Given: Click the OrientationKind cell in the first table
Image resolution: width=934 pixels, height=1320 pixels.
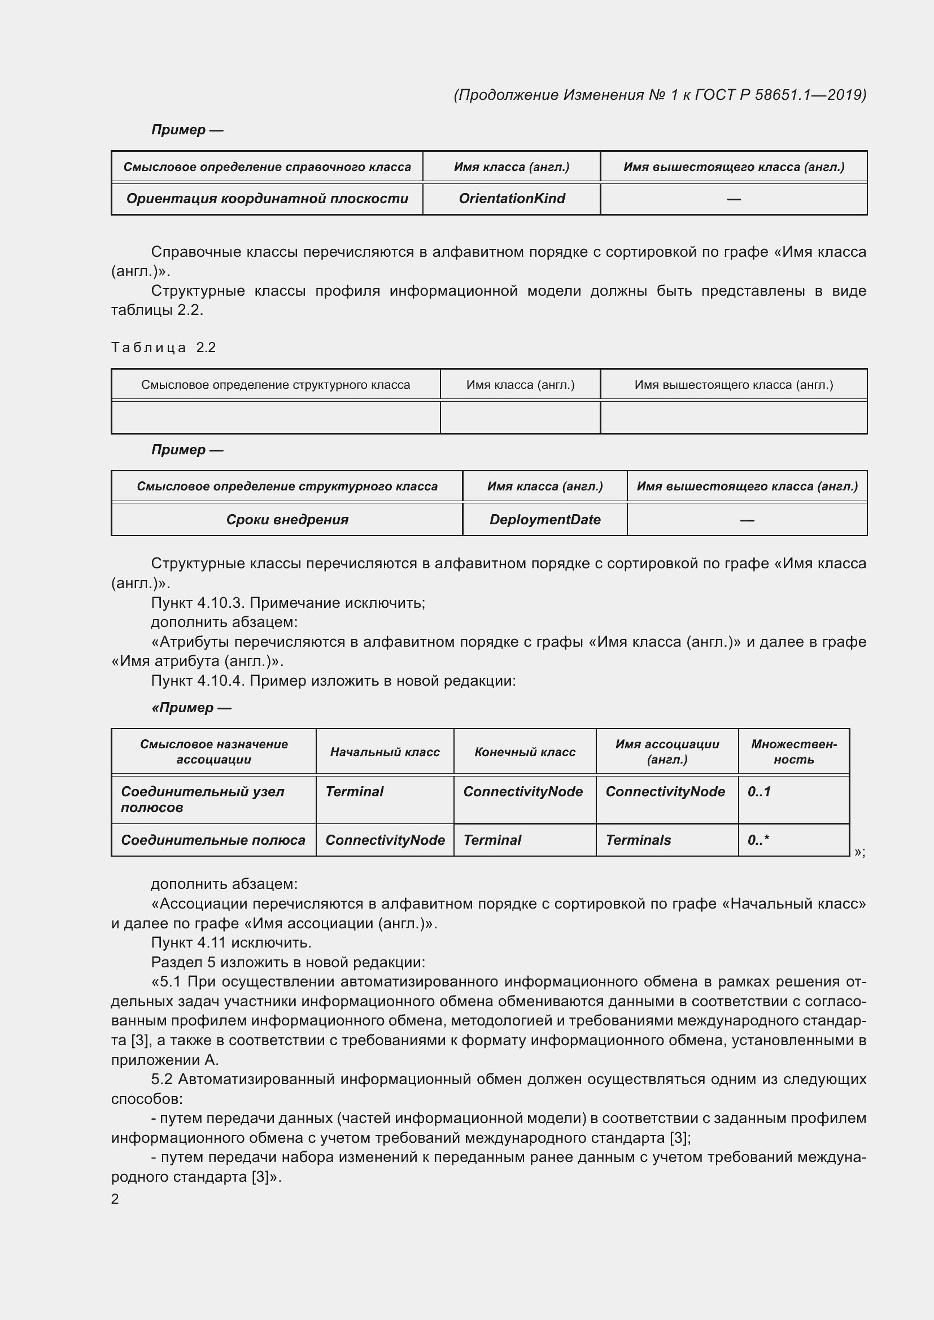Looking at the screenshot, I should pyautogui.click(x=511, y=198).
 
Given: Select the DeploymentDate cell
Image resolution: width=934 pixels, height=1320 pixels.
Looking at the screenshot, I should pyautogui.click(x=544, y=520).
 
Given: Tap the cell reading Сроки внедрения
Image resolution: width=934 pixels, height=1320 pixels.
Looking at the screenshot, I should pyautogui.click(x=287, y=520).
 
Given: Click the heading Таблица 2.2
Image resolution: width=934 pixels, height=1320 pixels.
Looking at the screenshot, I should pyautogui.click(x=163, y=347).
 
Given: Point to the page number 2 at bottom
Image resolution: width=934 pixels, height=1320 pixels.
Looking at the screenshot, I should pyautogui.click(x=115, y=1199).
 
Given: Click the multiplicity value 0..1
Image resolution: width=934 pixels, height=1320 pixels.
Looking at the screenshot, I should pyautogui.click(x=758, y=792).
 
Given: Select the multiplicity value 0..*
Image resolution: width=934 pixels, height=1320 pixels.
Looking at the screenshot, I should pyautogui.click(x=758, y=840).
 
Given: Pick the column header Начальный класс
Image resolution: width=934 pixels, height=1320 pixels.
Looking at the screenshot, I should pyautogui.click(x=385, y=752).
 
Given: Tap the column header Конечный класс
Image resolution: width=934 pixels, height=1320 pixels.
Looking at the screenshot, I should pyautogui.click(x=525, y=752).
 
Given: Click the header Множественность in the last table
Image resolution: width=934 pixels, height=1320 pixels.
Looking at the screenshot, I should pyautogui.click(x=793, y=752).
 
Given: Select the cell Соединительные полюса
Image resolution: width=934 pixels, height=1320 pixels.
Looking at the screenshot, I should pyautogui.click(x=213, y=840).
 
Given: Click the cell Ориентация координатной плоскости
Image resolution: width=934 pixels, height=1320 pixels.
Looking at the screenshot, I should pyautogui.click(x=267, y=198).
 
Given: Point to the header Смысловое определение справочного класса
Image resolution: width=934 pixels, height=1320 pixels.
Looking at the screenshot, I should pyautogui.click(x=267, y=166).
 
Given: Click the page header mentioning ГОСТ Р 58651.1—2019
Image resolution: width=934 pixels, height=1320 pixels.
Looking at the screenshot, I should pyautogui.click(x=660, y=95).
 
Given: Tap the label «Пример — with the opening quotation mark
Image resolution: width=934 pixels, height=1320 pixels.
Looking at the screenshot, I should pyautogui.click(x=191, y=708).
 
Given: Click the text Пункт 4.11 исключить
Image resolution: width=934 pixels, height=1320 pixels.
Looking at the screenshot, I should pyautogui.click(x=230, y=943).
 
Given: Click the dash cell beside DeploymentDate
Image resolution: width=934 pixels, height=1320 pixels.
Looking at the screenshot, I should pyautogui.click(x=747, y=520).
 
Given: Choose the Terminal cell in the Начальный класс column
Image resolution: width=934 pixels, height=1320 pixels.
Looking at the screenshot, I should pyautogui.click(x=354, y=792).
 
